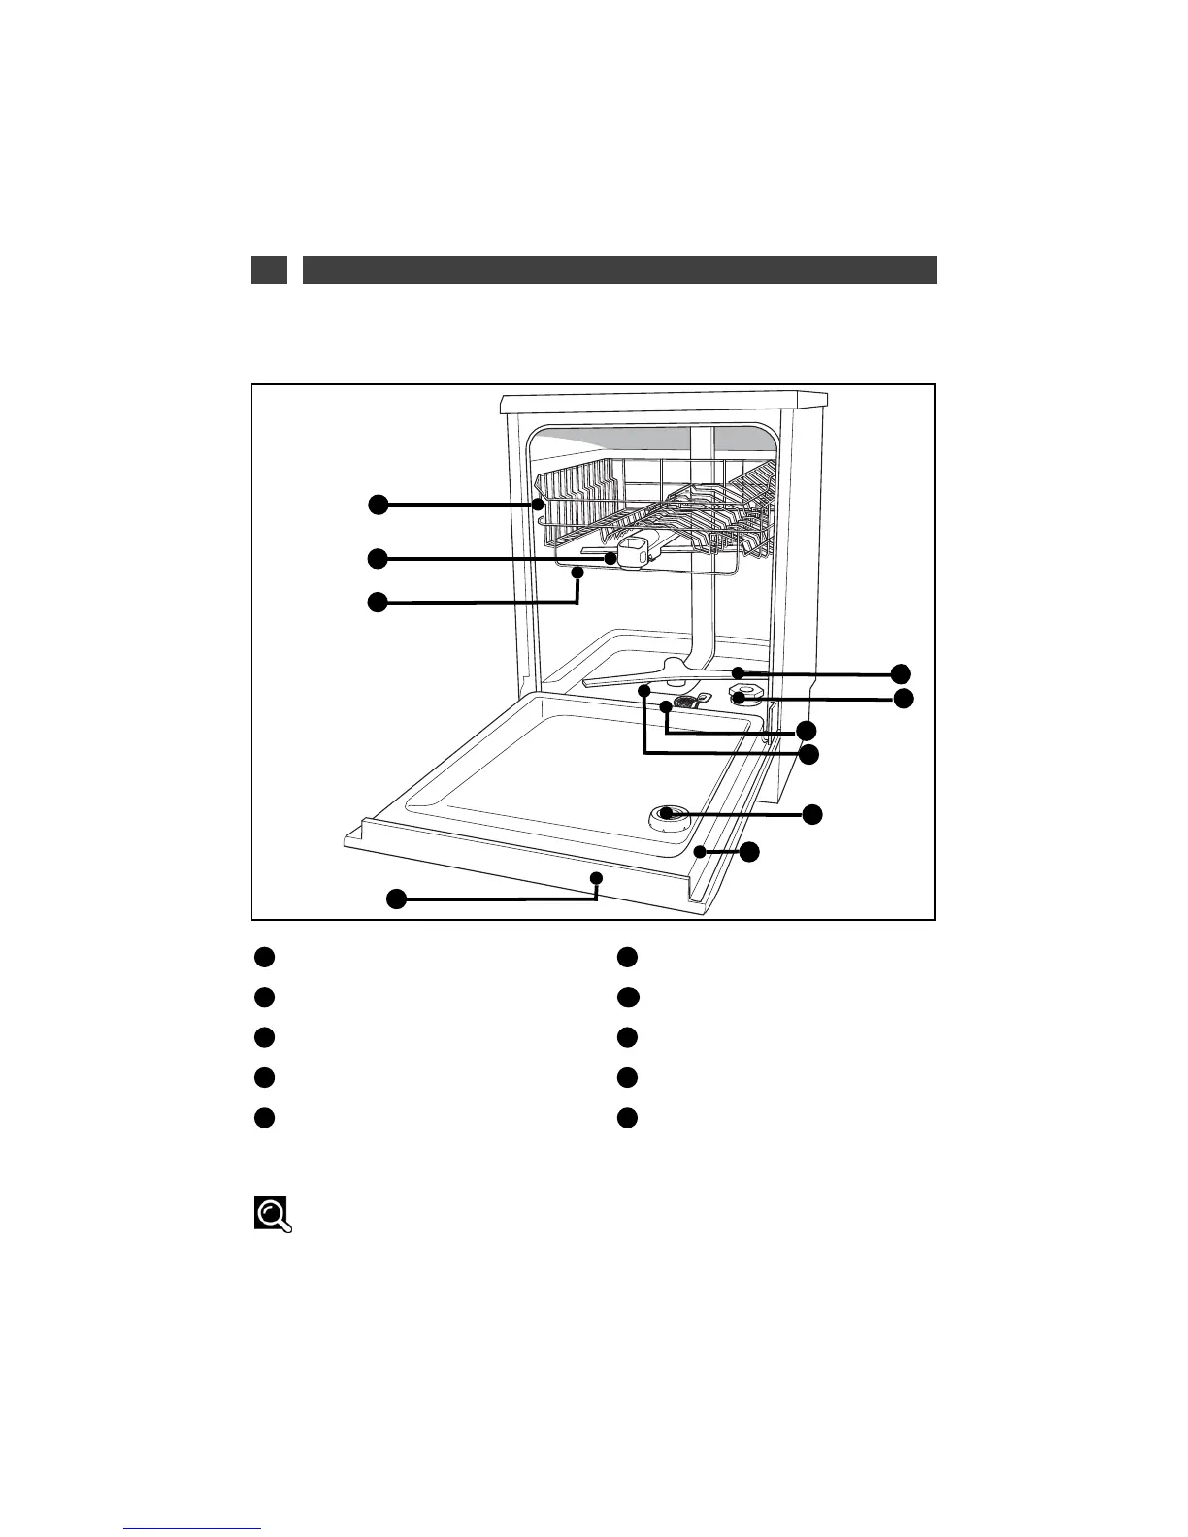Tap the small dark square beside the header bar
tap(269, 270)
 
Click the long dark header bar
tap(619, 270)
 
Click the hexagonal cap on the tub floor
tap(743, 695)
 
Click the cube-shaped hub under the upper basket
tap(634, 553)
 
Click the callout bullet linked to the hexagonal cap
tap(904, 699)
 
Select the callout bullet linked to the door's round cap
tap(813, 814)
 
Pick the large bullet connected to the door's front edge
tap(396, 899)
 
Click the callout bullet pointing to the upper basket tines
tap(377, 505)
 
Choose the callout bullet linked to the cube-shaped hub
tap(377, 558)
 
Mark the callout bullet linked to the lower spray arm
tap(903, 673)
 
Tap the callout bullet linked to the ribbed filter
tap(806, 730)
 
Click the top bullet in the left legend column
tap(264, 957)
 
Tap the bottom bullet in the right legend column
tap(627, 1117)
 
